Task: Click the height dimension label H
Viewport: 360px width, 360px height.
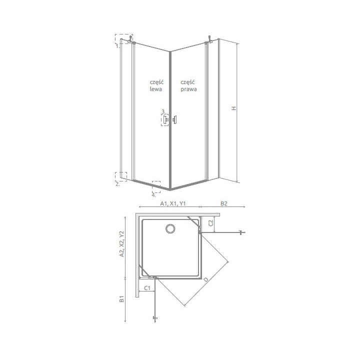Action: [x=233, y=108]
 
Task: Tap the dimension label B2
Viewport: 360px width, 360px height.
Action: [x=224, y=203]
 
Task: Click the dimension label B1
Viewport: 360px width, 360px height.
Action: [x=121, y=299]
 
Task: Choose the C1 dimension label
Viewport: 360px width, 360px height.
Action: [x=147, y=287]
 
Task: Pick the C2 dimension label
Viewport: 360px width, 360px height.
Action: [x=211, y=223]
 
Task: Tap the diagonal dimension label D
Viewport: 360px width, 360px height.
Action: [x=206, y=279]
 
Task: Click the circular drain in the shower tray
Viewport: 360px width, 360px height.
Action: [x=170, y=228]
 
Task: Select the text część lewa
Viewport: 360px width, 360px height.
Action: [x=156, y=86]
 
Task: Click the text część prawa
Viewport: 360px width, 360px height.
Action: [x=188, y=86]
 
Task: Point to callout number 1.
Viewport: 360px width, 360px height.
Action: [x=117, y=46]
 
